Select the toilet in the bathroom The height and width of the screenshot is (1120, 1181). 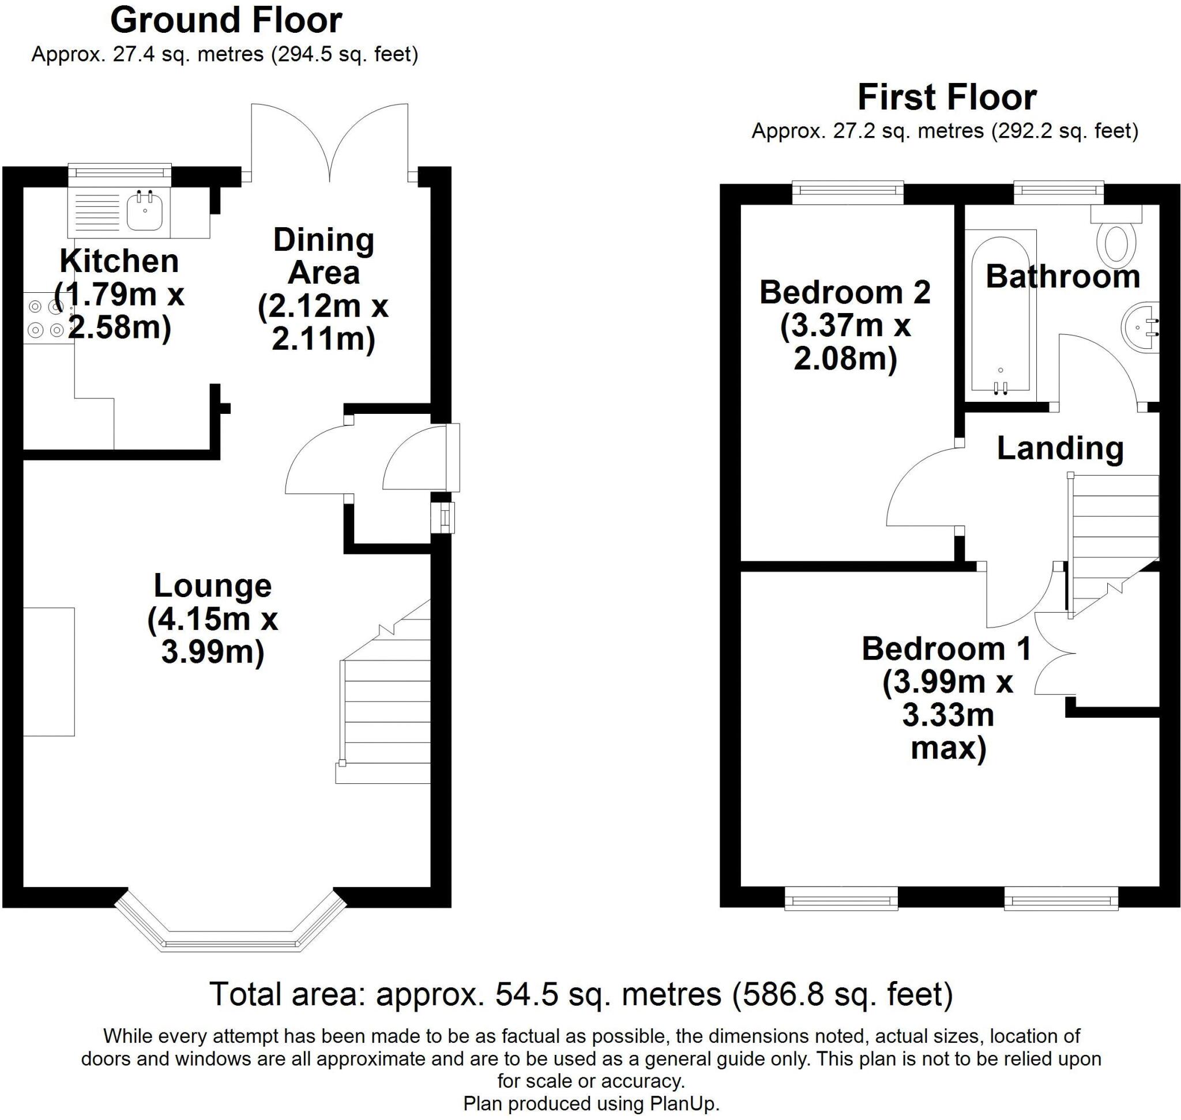pos(1115,244)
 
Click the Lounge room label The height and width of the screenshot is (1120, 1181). pos(212,586)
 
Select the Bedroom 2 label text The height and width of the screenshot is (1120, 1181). pos(844,293)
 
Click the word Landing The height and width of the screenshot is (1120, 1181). pos(1059,448)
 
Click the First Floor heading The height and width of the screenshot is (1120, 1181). pos(946,97)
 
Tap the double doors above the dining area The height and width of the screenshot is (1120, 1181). pos(329,140)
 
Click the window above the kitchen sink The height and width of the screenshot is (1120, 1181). pos(119,172)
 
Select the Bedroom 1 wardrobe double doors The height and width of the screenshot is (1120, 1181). pos(1051,657)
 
